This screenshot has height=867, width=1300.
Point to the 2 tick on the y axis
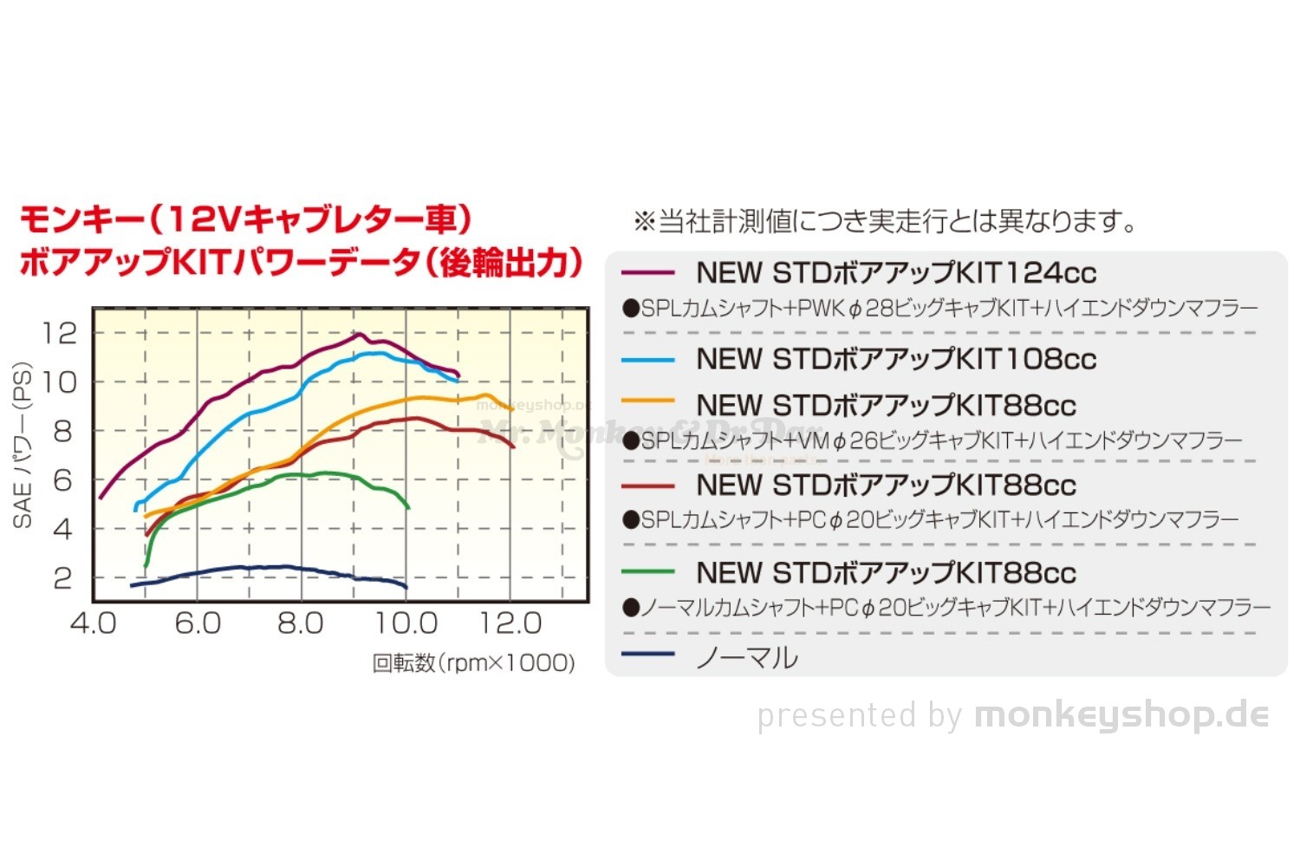coord(62,577)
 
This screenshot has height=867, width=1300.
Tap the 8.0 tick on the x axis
coord(301,623)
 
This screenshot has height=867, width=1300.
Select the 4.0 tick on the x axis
coord(93,623)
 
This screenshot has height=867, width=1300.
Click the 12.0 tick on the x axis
coord(510,623)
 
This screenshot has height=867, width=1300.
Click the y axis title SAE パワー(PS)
coord(23,445)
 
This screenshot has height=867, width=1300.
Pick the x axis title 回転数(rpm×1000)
coord(473,663)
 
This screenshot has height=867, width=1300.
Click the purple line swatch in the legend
coord(647,272)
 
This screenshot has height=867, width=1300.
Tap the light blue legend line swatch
coord(647,359)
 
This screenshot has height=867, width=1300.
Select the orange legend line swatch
coord(647,401)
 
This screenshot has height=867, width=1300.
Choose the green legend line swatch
coord(647,571)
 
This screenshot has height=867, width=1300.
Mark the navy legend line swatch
coord(647,654)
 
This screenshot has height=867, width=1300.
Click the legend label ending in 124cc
coord(896,273)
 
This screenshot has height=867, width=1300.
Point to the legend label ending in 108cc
coord(896,359)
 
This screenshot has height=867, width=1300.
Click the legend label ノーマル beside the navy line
coord(747,657)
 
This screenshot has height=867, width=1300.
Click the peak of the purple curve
coord(357,334)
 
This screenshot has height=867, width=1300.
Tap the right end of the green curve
coord(408,507)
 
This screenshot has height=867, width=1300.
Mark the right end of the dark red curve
coord(514,447)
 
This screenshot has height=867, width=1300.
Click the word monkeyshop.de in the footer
coord(1121,715)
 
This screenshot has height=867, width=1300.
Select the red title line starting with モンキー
coord(245,219)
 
